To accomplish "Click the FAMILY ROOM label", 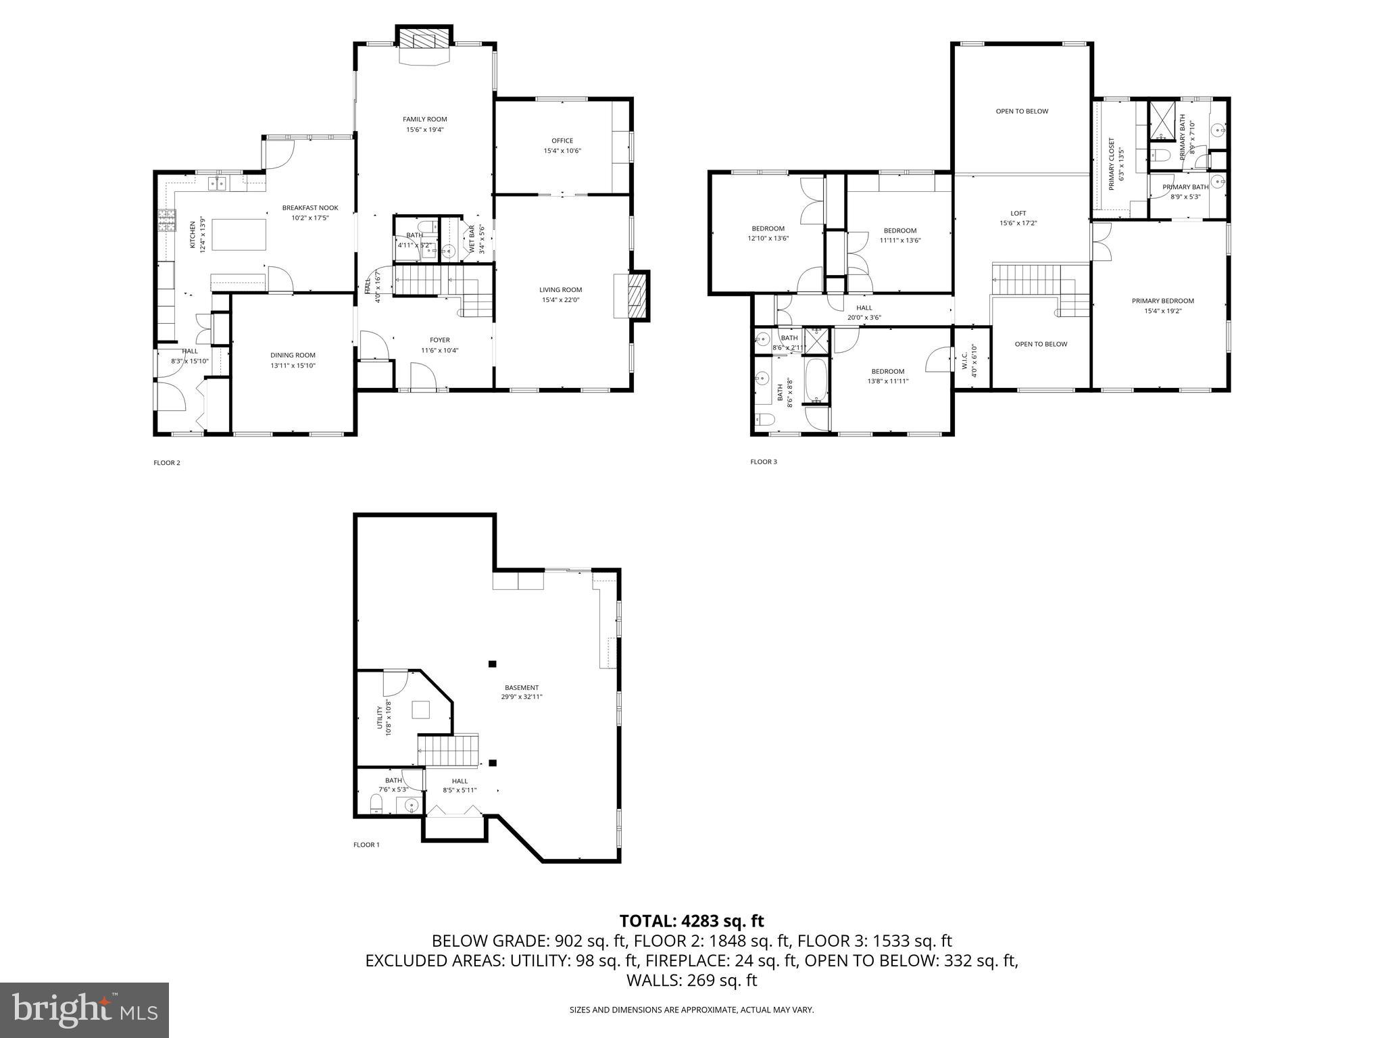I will [424, 120].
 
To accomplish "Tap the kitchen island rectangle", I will [239, 234].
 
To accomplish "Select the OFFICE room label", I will [562, 141].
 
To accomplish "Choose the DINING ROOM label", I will [293, 355].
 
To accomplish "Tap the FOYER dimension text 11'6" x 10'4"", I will [440, 350].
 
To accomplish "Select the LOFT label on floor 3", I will [1018, 214].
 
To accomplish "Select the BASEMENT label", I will [521, 688].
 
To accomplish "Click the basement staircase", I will [447, 751].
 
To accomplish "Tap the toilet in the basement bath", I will [376, 804].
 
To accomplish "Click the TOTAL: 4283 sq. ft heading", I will [691, 920].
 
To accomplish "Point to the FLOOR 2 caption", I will [167, 463].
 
